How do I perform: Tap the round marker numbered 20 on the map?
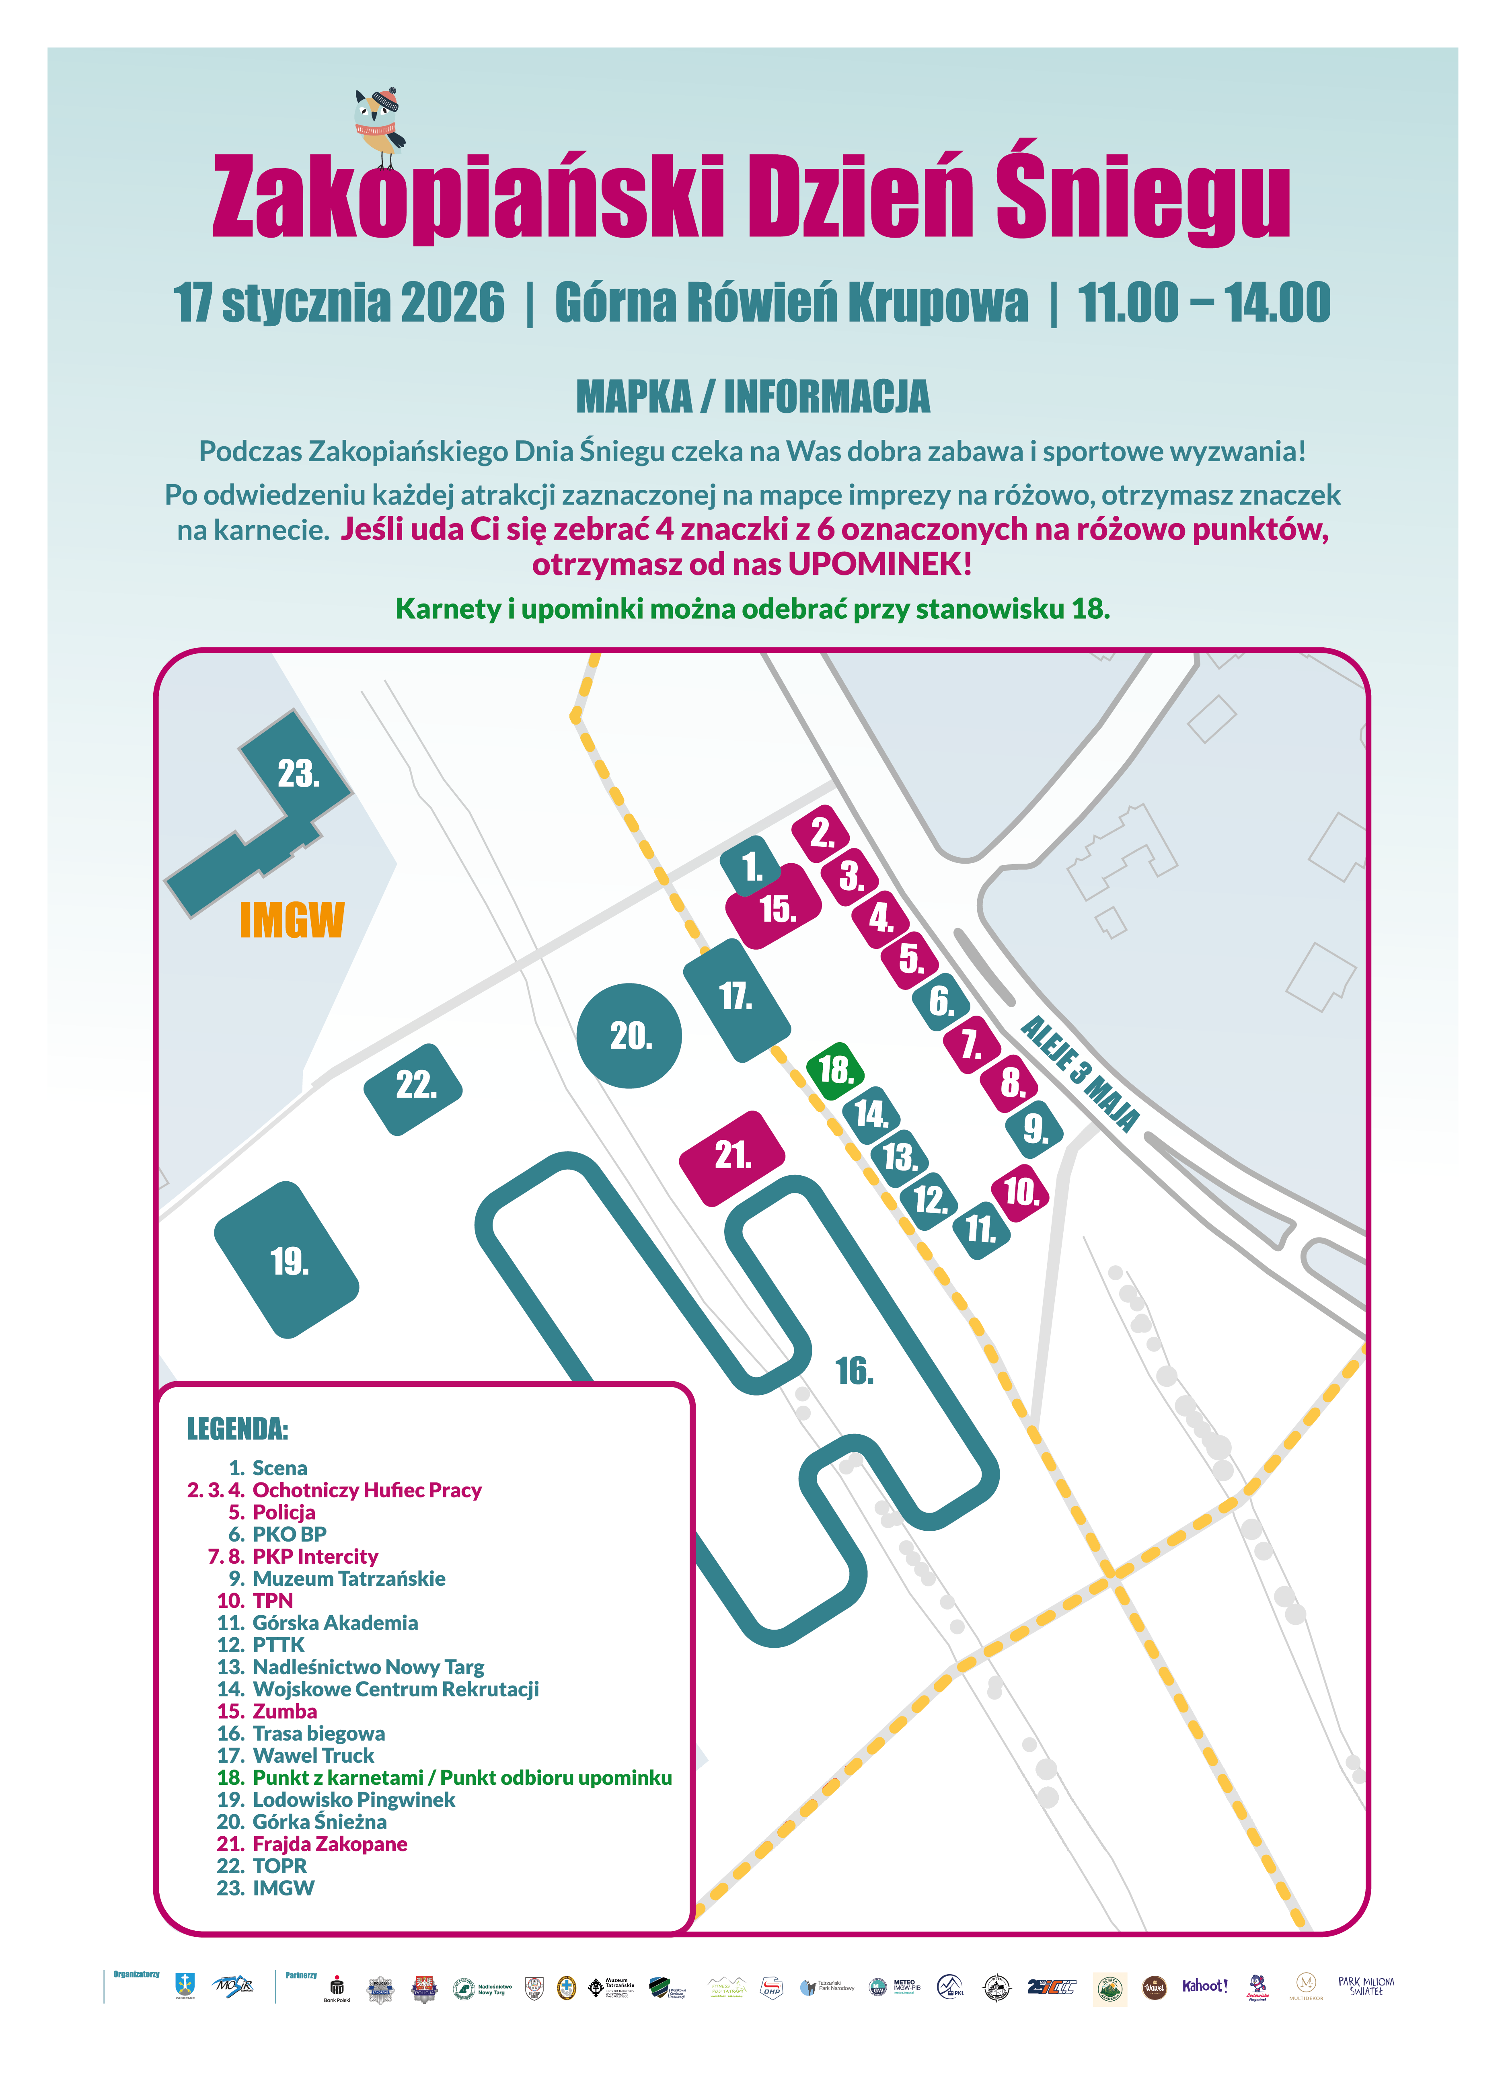[x=629, y=1036]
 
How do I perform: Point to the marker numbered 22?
[x=414, y=1087]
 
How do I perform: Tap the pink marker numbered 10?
[x=1020, y=1193]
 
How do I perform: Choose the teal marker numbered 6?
[x=940, y=1001]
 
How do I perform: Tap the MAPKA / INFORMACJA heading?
[x=753, y=397]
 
